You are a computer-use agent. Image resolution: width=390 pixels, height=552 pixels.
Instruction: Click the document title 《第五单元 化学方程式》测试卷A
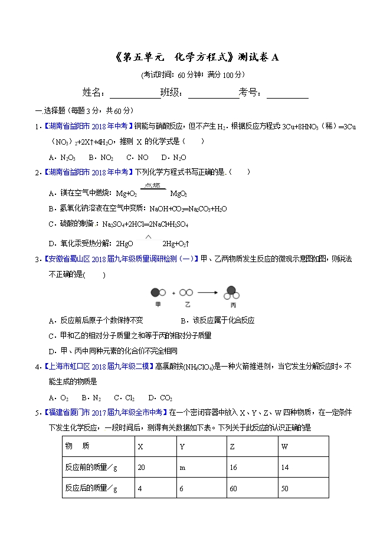[x=195, y=57]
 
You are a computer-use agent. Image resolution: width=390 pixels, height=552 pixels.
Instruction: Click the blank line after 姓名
[x=135, y=94]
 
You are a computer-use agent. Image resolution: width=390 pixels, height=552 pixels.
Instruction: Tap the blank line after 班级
[x=213, y=94]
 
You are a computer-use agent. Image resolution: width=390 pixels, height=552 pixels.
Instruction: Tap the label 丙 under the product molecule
[x=232, y=306]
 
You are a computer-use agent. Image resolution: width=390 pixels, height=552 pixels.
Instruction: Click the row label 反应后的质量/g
[x=91, y=488]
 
